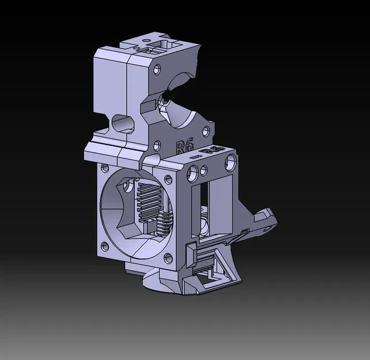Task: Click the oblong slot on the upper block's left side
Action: [121, 123]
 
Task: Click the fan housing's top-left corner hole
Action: [105, 169]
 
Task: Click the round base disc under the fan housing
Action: [152, 282]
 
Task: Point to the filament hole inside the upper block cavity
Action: [166, 101]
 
